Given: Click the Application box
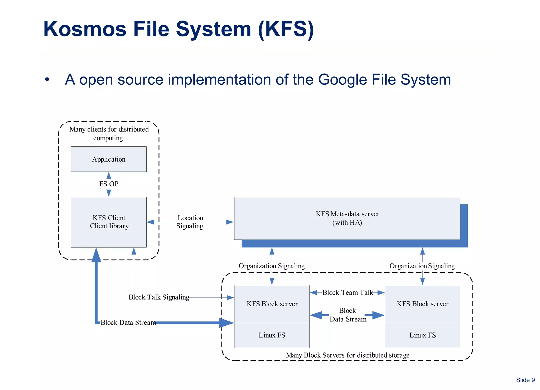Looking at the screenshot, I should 109,159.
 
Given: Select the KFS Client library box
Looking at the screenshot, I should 109,222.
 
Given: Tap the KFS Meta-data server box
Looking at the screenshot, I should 347,218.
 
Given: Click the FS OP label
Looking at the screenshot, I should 109,184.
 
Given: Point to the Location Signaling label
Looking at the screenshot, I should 190,222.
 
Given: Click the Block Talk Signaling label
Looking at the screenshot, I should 159,297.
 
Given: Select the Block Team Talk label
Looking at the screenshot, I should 348,292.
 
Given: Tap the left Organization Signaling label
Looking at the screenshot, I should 272,266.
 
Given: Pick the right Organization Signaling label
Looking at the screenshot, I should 422,266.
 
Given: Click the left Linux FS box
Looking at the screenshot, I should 272,335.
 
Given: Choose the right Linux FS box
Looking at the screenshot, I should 422,335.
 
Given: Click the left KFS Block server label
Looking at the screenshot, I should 272,304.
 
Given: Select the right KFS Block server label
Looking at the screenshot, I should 422,304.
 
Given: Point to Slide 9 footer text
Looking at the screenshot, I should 525,380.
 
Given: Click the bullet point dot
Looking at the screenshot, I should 47,79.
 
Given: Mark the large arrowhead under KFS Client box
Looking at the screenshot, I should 96,255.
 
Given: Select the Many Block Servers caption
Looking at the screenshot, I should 348,355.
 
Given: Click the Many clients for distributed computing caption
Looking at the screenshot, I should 109,133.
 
